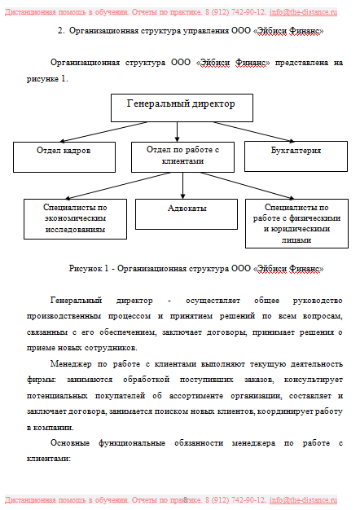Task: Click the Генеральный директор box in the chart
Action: click(181, 108)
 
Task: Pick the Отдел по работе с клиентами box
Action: click(182, 156)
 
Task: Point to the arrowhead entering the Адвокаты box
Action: click(182, 196)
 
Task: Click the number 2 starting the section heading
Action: click(61, 30)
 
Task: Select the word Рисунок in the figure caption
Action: click(87, 268)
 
